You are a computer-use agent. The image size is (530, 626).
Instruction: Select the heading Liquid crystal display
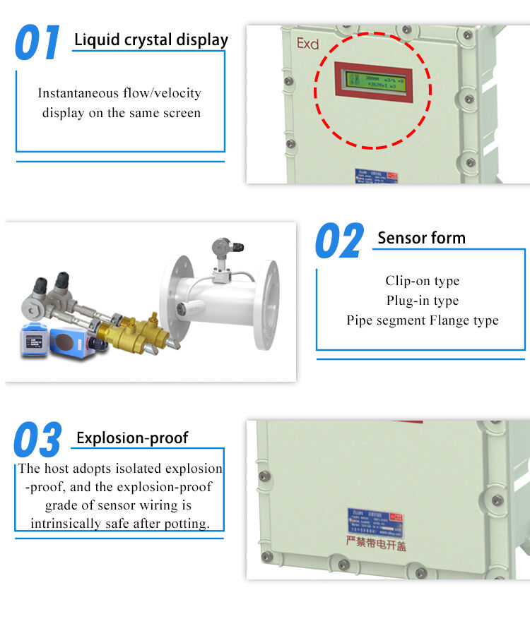[x=151, y=40]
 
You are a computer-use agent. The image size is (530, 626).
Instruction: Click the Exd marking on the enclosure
[x=307, y=44]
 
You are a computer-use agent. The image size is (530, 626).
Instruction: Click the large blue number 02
[x=339, y=241]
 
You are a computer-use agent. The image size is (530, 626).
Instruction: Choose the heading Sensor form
[x=421, y=238]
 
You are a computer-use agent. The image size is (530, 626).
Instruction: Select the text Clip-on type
[x=422, y=281]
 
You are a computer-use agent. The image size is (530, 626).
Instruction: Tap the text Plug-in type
[x=422, y=301]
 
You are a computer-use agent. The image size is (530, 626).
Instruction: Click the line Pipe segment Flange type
[x=422, y=320]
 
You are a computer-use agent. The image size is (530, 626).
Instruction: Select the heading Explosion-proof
[x=132, y=438]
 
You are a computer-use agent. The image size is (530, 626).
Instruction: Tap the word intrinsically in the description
[x=65, y=524]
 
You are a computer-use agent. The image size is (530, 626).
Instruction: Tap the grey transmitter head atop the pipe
[x=222, y=248]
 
